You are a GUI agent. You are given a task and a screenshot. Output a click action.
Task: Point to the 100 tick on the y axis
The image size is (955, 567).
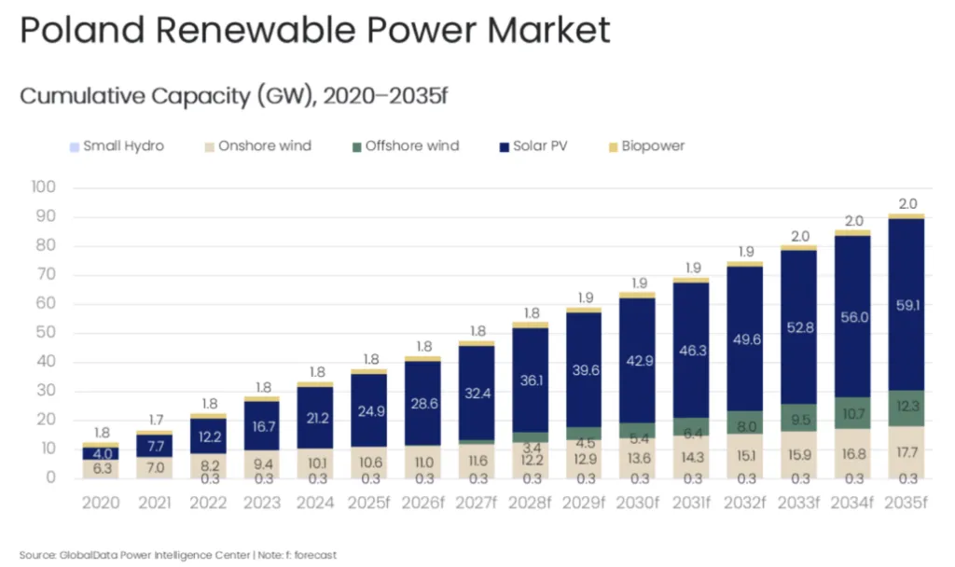click(44, 187)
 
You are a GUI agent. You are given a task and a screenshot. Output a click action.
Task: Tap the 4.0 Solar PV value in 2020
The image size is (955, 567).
click(102, 454)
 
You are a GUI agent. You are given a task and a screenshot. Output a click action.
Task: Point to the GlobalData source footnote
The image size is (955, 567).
click(177, 555)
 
